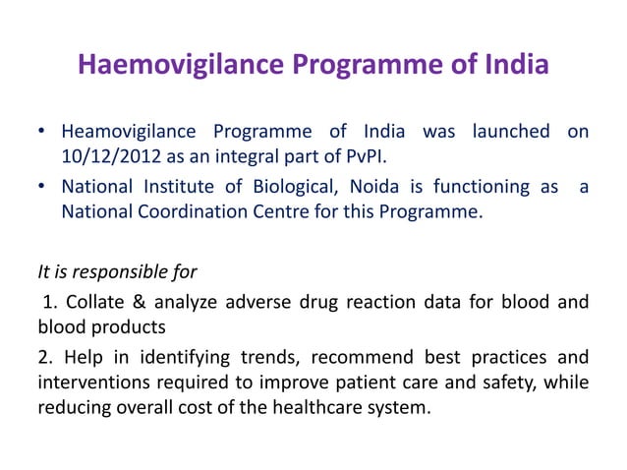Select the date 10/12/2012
pyautogui.click(x=111, y=157)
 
